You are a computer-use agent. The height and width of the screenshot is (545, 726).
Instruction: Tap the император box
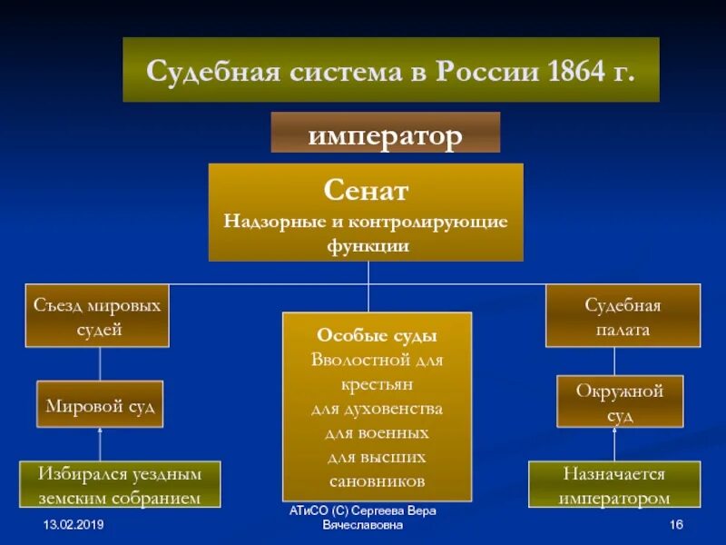pyautogui.click(x=386, y=134)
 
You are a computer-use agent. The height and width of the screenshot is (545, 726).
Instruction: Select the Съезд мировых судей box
pyautogui.click(x=97, y=316)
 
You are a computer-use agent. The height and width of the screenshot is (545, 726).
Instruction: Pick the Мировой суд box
pyautogui.click(x=100, y=405)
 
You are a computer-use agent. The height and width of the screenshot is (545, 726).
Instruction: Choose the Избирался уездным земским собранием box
pyautogui.click(x=120, y=485)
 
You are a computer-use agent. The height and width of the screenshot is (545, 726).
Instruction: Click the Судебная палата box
pyautogui.click(x=623, y=316)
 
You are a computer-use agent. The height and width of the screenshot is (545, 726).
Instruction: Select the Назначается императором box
pyautogui.click(x=614, y=485)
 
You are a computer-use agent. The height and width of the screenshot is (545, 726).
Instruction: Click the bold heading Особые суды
pyautogui.click(x=378, y=334)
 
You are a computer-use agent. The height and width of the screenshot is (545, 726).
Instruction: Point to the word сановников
pyautogui.click(x=378, y=481)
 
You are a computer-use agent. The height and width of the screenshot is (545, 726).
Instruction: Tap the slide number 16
pyautogui.click(x=675, y=526)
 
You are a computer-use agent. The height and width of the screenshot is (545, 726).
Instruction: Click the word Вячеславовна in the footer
pyautogui.click(x=363, y=526)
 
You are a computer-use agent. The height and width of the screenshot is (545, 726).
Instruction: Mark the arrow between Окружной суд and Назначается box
pyautogui.click(x=614, y=444)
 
